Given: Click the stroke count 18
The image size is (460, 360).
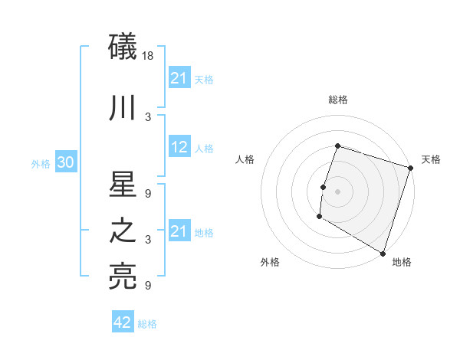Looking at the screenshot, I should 148,56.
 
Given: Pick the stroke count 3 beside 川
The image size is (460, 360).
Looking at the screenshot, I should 148,116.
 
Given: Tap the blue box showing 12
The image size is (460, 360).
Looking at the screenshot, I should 179,148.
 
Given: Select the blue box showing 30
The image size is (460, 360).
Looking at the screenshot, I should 65,163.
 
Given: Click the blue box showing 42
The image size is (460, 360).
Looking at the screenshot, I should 123,322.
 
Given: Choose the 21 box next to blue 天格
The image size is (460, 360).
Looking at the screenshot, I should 179,78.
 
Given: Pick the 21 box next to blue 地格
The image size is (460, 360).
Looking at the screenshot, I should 179,231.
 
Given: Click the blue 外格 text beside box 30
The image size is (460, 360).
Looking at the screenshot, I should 41,164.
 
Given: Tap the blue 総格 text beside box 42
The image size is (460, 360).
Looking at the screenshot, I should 147,324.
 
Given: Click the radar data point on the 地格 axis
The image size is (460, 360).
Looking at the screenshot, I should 382,253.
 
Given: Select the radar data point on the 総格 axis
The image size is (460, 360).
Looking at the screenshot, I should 337,146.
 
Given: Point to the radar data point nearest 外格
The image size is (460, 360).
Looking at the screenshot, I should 319,217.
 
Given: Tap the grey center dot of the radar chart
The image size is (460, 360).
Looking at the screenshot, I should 337,191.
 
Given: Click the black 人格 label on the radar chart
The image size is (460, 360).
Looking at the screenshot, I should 245,159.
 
